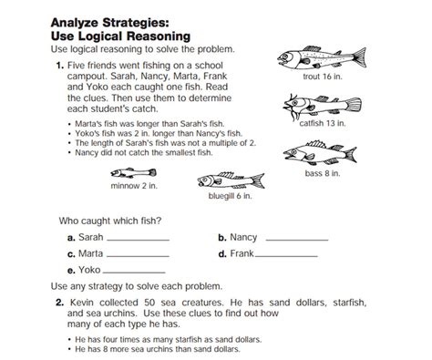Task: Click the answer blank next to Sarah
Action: click(x=139, y=239)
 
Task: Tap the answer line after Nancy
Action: click(x=296, y=239)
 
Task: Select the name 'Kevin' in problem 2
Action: click(x=84, y=302)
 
